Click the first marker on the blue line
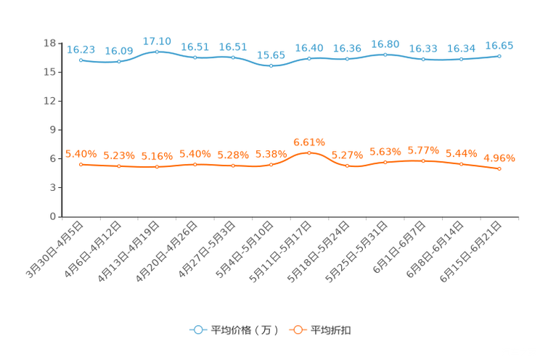pos(81,60)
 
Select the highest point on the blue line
pos(157,52)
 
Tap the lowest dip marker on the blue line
pos(271,66)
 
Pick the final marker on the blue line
pos(499,56)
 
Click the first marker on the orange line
pos(81,164)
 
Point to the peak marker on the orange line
pos(309,152)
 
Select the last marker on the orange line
pos(499,168)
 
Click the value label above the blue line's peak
pos(157,41)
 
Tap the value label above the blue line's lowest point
pos(271,55)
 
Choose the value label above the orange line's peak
pos(309,142)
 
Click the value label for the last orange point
pos(499,157)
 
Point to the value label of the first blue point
pos(81,49)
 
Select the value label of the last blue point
pos(499,46)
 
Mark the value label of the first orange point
pos(81,154)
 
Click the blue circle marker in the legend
pos(197,330)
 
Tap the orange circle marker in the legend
pos(297,330)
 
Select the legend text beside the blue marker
pos(244,330)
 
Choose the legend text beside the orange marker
pos(332,330)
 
